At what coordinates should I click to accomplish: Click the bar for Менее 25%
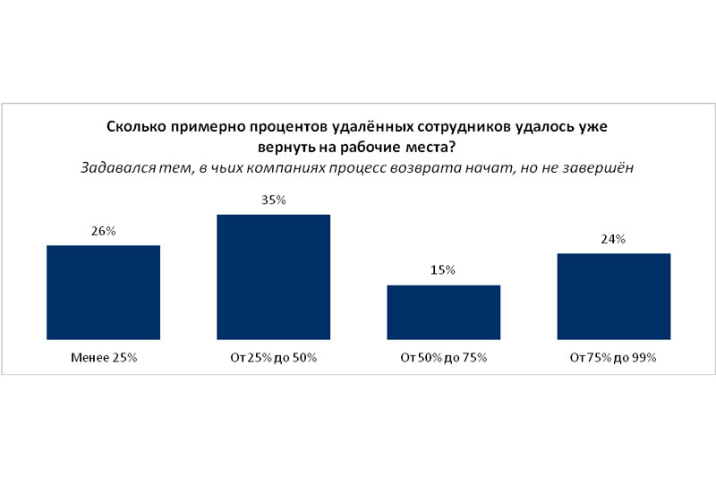pos(103,293)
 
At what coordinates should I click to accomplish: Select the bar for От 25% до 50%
pos(273,277)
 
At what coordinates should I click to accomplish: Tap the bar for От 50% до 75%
pos(443,312)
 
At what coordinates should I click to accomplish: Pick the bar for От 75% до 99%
pos(613,296)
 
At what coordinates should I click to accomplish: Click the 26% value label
pos(103,232)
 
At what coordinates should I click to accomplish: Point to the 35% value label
pos(273,200)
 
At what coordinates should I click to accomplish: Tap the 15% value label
pos(443,270)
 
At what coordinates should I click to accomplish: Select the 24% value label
pos(613,239)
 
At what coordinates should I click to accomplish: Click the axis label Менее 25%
pos(103,358)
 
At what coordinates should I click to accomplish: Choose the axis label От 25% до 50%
pos(273,358)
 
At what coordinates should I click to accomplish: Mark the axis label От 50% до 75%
pos(443,358)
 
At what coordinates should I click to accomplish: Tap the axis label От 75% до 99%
pos(613,358)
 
